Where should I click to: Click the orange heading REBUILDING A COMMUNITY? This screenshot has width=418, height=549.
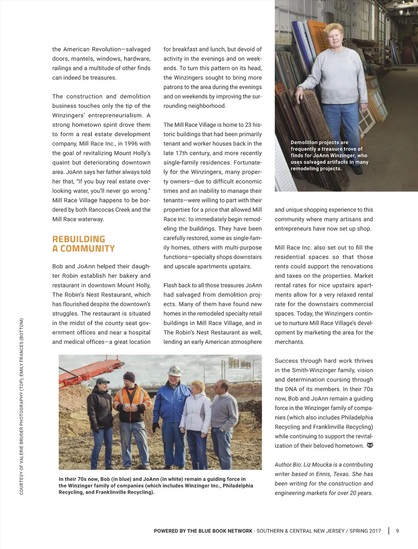coord(83,244)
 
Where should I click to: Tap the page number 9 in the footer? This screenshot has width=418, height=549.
coord(397,531)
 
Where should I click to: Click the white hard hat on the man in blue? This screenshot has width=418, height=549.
coord(175,370)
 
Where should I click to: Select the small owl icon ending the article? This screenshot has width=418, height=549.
coord(370,445)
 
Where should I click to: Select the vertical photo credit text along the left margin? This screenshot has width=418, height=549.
coord(22,406)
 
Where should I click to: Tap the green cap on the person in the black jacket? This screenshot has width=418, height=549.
coord(102,381)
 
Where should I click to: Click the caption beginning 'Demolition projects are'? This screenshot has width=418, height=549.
coord(329,155)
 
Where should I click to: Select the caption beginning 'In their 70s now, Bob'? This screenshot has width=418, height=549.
coord(156,485)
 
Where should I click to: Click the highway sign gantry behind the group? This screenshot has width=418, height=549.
coord(240,363)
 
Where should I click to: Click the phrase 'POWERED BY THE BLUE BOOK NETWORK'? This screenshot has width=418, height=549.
coord(203,531)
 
